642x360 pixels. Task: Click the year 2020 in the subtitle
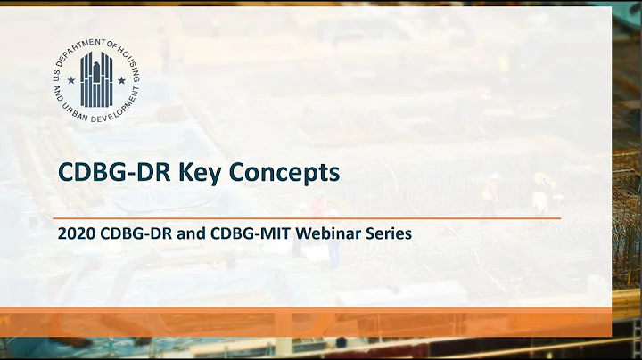(x=74, y=234)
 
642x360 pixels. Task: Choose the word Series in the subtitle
(x=386, y=234)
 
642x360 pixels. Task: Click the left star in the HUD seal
(x=71, y=79)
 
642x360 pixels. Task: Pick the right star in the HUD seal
(x=122, y=79)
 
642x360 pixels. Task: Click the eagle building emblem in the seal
(x=96, y=77)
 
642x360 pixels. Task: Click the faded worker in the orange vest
(x=490, y=192)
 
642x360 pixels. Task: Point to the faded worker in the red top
(x=318, y=207)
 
